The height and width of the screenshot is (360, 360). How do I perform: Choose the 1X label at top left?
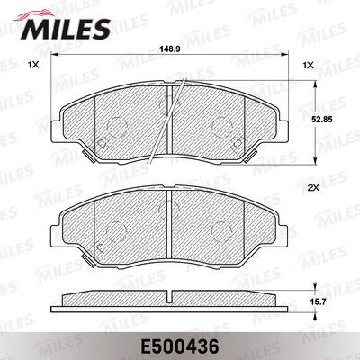pos(33,66)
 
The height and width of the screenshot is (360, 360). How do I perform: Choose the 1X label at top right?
pos(309,66)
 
